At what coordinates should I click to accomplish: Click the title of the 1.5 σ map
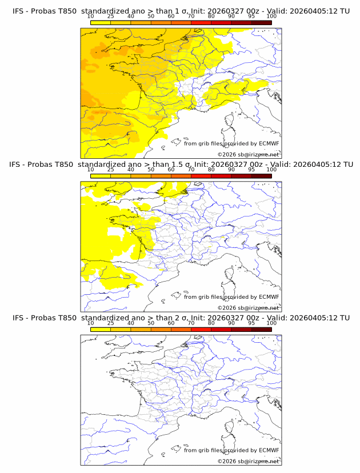[x=181, y=165]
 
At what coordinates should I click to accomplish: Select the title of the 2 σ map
[x=181, y=318]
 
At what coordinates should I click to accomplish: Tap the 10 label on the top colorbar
[x=91, y=17]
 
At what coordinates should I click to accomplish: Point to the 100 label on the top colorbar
[x=271, y=17]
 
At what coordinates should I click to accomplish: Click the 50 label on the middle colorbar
[x=151, y=170]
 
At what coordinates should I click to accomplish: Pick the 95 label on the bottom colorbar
[x=251, y=323]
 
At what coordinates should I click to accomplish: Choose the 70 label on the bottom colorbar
[x=191, y=323]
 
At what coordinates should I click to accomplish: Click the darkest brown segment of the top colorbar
[x=261, y=22]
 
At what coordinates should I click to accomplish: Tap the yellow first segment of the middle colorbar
[x=101, y=176]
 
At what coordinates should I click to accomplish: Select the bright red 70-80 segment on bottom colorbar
[x=201, y=329]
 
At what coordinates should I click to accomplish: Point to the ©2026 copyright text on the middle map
[x=248, y=307]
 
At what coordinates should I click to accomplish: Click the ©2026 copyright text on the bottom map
[x=248, y=461]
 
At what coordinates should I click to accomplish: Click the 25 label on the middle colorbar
[x=111, y=170]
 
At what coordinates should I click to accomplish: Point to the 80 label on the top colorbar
[x=211, y=17]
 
